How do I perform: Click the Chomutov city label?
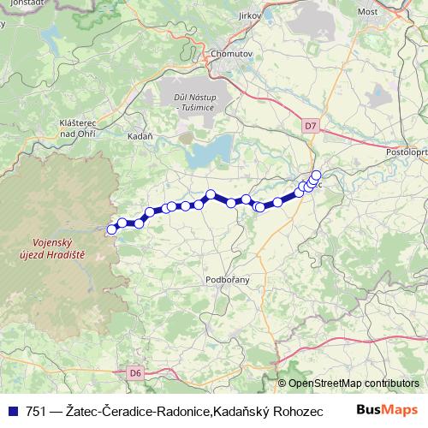click(x=227, y=53)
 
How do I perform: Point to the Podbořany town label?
click(x=228, y=279)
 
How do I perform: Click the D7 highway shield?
click(x=310, y=127)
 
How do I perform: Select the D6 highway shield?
click(x=134, y=372)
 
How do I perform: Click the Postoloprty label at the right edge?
click(x=407, y=140)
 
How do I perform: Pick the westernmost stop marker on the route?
click(x=111, y=229)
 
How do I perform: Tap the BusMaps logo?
click(x=387, y=409)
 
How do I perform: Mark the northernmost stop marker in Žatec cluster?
click(x=316, y=175)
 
